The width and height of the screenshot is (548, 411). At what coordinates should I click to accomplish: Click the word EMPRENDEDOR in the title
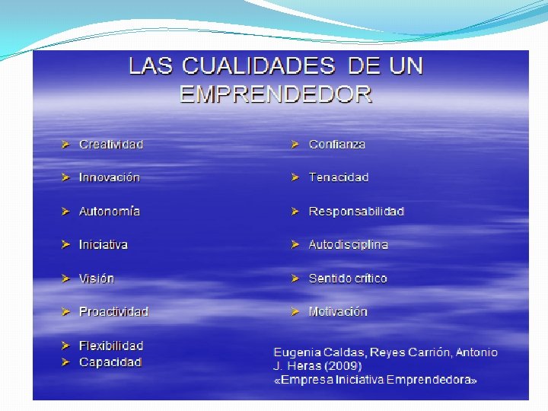276,94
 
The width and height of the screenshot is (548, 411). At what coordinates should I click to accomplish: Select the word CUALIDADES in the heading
259,65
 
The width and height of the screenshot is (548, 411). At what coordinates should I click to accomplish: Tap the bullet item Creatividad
111,145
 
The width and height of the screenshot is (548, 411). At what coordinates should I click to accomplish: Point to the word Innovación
110,177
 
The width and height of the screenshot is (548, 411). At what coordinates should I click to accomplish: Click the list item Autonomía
110,211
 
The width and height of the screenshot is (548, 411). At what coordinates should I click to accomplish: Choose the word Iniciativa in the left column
103,244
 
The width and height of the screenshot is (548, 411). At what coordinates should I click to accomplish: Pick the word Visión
97,279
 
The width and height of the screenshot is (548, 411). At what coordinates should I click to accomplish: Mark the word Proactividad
113,311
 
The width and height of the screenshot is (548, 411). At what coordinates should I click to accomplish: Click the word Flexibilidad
111,346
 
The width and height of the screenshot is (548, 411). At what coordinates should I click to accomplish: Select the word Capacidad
110,362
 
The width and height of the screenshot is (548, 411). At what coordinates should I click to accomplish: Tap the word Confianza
337,145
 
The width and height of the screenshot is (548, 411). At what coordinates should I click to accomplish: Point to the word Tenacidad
338,177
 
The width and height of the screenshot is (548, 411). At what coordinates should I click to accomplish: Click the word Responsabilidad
356,211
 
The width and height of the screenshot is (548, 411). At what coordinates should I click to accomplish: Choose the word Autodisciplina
348,244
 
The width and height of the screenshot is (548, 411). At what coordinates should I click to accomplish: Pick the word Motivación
338,311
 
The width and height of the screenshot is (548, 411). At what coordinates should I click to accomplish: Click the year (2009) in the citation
342,366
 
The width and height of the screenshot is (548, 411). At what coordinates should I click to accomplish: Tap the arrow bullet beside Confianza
295,145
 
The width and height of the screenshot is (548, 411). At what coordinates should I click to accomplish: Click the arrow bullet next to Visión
65,279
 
